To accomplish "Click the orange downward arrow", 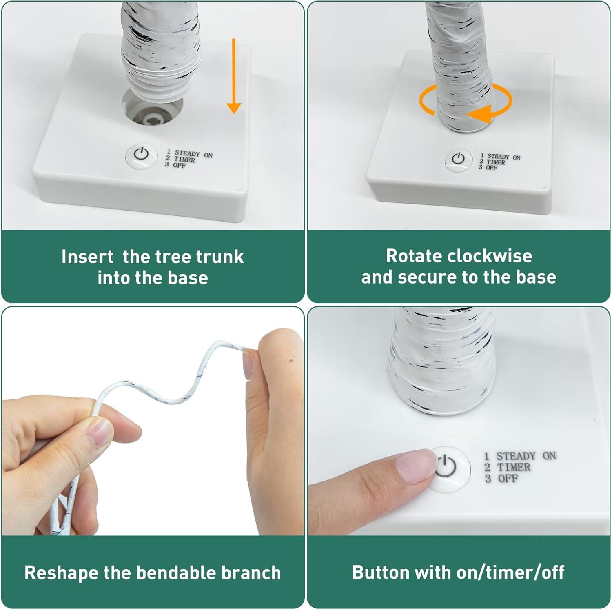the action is [x=233, y=76].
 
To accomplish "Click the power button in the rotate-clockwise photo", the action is [x=458, y=159].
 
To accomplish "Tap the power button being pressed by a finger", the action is [x=449, y=467].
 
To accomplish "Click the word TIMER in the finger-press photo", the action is [x=514, y=467].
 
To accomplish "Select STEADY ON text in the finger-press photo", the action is [x=526, y=455].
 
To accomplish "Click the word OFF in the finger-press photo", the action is [x=508, y=478].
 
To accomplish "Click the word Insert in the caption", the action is [x=87, y=257].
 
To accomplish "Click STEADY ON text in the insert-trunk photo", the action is [x=193, y=154].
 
